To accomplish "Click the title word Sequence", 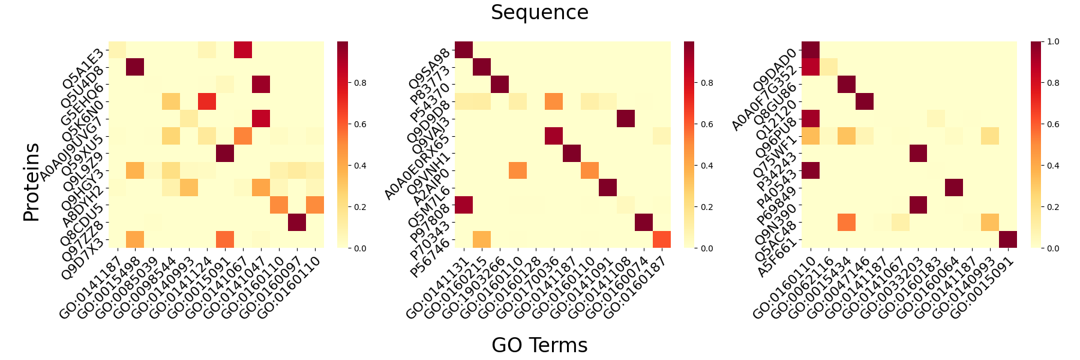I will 539,13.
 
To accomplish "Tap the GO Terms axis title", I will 539,345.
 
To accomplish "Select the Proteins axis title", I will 31,182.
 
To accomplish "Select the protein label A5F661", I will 778,258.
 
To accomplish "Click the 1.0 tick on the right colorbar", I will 1053,41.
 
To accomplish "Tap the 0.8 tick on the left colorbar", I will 360,83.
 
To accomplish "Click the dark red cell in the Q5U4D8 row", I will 135,67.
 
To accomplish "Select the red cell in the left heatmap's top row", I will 243,50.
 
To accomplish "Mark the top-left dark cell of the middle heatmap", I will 464,50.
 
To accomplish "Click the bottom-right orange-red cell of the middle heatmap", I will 662,239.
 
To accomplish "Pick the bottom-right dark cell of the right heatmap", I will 1009,239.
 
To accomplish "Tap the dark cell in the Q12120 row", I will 865,101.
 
